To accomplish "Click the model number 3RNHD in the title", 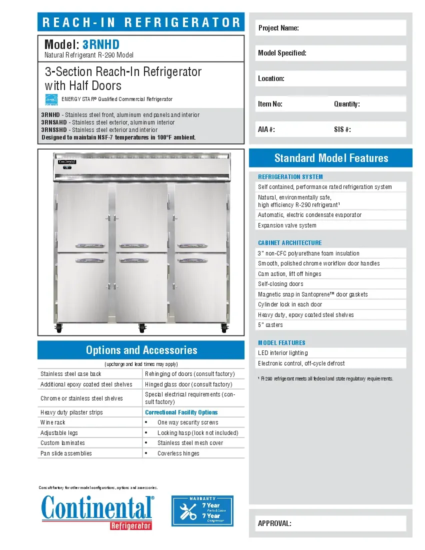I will pyautogui.click(x=101, y=44).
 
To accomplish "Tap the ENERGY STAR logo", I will pyautogui.click(x=51, y=100).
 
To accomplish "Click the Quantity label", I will pyautogui.click(x=346, y=104).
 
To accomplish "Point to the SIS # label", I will pyautogui.click(x=342, y=129).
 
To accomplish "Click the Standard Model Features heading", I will pyautogui.click(x=330, y=158).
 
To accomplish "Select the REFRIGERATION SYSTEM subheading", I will pyautogui.click(x=290, y=176).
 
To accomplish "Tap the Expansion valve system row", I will pyautogui.click(x=287, y=225).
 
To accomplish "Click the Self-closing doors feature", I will pyautogui.click(x=280, y=284).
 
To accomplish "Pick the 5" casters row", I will pyautogui.click(x=270, y=325).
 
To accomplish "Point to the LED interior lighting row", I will pyautogui.click(x=282, y=353).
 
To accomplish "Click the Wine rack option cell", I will pyautogui.click(x=53, y=422).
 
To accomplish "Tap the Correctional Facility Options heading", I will pyautogui.click(x=181, y=412).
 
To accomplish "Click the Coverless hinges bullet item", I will pyautogui.click(x=178, y=453).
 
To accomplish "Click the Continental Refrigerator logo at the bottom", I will pyautogui.click(x=97, y=511).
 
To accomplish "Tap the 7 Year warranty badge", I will pyautogui.click(x=202, y=510).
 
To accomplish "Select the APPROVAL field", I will pyautogui.click(x=330, y=523).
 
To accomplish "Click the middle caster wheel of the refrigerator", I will pyautogui.click(x=141, y=328).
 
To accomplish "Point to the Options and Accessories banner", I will pyautogui.click(x=141, y=350).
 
